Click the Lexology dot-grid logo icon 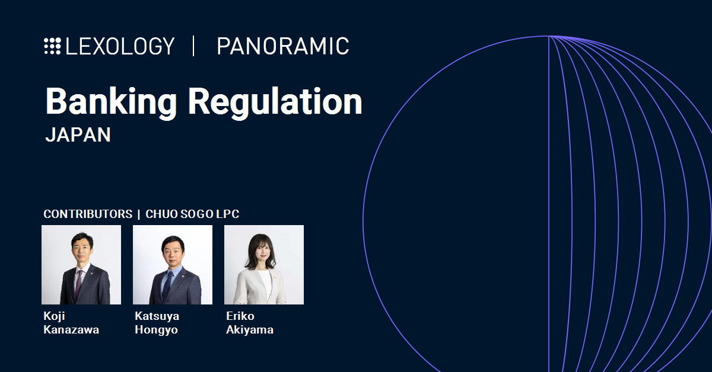point(52,46)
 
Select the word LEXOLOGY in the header point(120,46)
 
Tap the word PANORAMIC point(283,46)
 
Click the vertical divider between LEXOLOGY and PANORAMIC point(193,46)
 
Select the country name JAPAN point(78,134)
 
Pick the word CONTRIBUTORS point(88,214)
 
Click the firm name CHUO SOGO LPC point(192,214)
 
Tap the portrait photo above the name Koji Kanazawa point(81,265)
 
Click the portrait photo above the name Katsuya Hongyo point(173,265)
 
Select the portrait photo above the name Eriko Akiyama point(264,265)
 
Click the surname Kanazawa point(71,329)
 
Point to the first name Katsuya point(157,316)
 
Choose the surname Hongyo point(157,330)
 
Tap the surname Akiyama point(250,330)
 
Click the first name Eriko point(240,316)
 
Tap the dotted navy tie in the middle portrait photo point(167,286)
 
